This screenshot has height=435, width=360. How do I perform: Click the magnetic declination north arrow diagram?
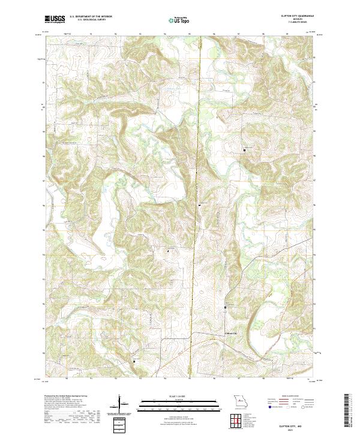(120, 404)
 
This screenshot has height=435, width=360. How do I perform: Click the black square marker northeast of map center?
(244, 149)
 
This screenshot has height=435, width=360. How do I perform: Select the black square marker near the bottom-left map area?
(134, 361)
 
